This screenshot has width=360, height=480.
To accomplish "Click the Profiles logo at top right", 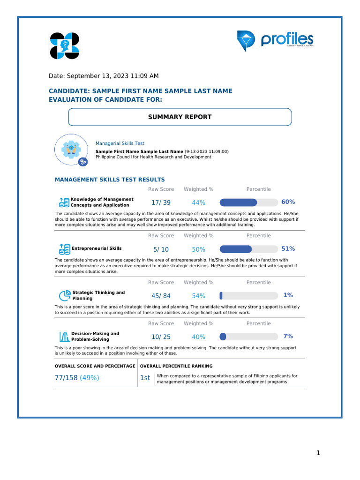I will [x=275, y=41].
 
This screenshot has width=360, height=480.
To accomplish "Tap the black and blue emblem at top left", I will [x=65, y=46].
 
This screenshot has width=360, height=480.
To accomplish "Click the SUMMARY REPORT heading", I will [x=180, y=117].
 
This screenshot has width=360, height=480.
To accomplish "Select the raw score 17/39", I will [x=161, y=202].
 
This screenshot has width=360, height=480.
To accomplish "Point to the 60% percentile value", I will [x=288, y=202].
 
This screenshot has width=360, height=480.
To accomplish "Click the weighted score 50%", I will [x=198, y=249].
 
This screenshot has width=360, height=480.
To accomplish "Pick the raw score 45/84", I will [x=161, y=296].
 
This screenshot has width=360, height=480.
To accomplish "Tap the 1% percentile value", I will [x=288, y=295].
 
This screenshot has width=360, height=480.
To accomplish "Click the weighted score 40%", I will [x=198, y=337].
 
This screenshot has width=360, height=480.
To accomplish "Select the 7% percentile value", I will [x=288, y=336].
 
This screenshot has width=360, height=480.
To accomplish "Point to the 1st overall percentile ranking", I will [x=145, y=378].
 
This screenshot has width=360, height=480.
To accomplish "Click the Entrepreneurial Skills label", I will [x=97, y=248].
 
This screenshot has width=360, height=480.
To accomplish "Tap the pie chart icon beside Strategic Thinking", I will [x=64, y=296].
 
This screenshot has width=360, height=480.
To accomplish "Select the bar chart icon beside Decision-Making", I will [x=64, y=337].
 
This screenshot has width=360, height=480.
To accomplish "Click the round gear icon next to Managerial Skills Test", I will [x=71, y=150].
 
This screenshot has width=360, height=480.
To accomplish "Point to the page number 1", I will [x=318, y=453].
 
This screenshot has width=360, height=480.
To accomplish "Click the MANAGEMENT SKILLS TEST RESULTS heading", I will [x=110, y=180].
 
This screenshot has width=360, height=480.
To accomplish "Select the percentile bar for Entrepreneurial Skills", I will [x=248, y=249].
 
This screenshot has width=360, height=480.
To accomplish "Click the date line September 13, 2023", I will [x=104, y=76].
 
